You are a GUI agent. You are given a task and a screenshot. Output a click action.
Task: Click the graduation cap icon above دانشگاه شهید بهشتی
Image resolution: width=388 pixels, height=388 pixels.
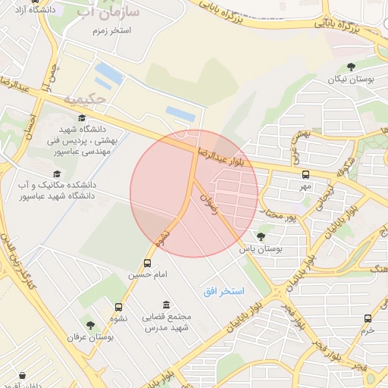tap(81, 117)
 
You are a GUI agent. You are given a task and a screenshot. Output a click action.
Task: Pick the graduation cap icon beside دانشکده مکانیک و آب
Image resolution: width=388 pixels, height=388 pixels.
tap(57, 174)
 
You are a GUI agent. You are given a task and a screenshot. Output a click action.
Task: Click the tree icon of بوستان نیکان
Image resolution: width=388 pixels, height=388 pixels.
tap(351, 67)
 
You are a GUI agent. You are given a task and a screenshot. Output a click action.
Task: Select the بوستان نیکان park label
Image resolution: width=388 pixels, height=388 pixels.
tap(352, 80)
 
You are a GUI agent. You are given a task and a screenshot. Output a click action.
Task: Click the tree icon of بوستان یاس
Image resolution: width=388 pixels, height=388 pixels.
tap(261, 236)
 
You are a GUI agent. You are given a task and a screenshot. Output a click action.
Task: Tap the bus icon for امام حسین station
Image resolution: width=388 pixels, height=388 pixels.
tap(147, 263)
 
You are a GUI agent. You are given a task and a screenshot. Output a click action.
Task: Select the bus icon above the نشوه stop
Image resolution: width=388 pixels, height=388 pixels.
tap(118, 307)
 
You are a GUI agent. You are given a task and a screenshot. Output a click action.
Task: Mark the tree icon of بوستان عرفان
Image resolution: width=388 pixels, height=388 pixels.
tap(90, 325)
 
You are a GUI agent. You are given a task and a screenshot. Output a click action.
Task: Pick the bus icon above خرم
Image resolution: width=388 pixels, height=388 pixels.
tap(368, 318)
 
